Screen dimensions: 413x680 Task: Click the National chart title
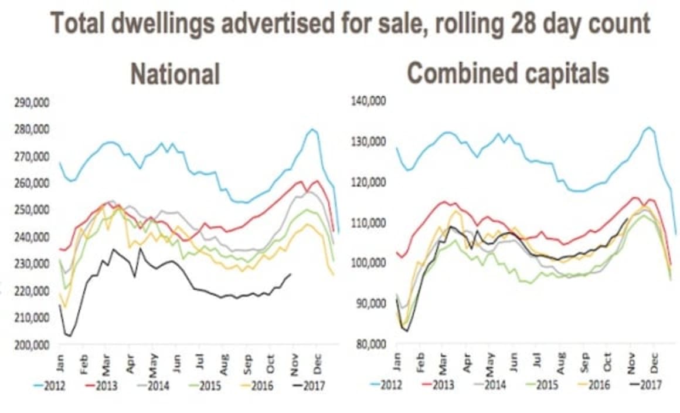point(175,75)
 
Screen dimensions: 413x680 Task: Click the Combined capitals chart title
point(508,74)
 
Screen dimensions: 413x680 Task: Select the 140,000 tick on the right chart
point(369,101)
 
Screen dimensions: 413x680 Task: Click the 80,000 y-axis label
point(371,344)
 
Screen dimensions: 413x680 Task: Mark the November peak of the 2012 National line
point(312,129)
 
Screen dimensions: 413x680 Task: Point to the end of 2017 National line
point(291,274)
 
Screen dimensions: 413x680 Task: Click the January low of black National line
point(69,336)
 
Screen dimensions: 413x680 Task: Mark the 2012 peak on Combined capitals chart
point(648,127)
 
